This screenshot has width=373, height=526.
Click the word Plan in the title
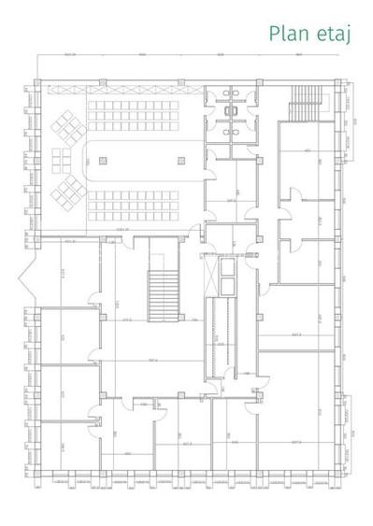(x=287, y=35)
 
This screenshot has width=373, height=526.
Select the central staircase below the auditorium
(x=162, y=293)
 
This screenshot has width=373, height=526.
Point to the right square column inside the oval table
(x=180, y=162)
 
